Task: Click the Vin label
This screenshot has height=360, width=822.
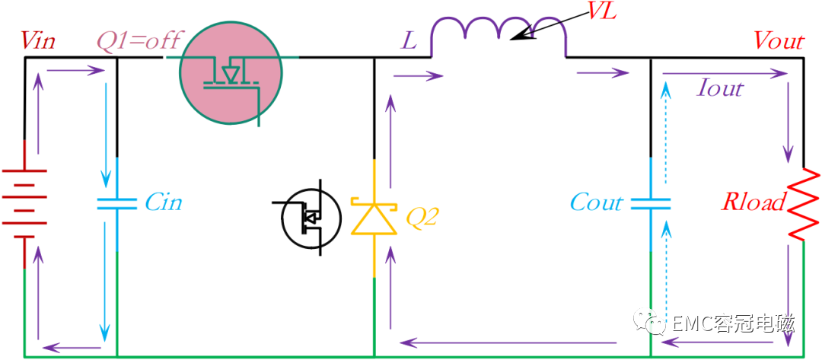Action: click(x=38, y=40)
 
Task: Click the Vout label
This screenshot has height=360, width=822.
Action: click(x=779, y=40)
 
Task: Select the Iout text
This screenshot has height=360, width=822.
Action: click(x=720, y=88)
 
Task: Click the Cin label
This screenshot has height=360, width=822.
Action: click(x=164, y=203)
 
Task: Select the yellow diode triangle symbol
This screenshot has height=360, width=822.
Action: click(x=374, y=216)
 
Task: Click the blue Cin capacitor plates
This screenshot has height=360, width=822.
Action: click(x=116, y=203)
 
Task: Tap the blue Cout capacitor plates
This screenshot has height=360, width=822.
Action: click(x=652, y=203)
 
